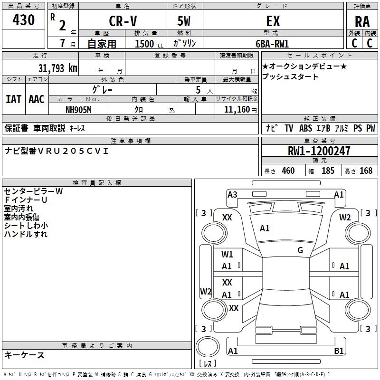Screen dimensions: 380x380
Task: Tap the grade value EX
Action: point(273,21)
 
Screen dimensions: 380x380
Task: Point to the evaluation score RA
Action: point(362,22)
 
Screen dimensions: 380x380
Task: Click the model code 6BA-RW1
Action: point(272,43)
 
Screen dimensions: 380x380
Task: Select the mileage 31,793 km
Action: point(57,68)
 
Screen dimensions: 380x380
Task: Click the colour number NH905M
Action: point(79,109)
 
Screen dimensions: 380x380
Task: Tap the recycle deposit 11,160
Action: point(236,110)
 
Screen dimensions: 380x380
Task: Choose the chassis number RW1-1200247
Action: point(319,151)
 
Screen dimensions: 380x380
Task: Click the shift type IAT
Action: point(14,99)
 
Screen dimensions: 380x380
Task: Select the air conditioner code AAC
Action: point(37,99)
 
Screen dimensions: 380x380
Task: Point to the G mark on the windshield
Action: point(300,250)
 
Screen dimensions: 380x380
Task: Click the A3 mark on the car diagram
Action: point(232,194)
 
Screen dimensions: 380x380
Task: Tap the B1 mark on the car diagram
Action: point(339,351)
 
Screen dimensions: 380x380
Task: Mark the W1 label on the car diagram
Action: point(227,255)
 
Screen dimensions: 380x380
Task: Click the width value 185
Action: point(328,171)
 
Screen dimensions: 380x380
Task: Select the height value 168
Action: point(366,171)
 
